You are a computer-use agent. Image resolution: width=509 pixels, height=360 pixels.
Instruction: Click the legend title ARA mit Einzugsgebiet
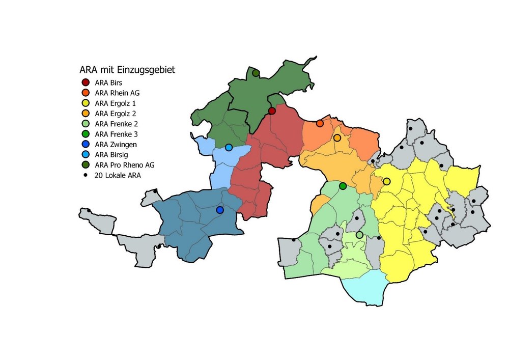click(127, 70)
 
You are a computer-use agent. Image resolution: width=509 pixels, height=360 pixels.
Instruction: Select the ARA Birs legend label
click(108, 82)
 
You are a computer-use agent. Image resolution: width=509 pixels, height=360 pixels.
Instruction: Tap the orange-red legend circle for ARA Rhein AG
click(86, 93)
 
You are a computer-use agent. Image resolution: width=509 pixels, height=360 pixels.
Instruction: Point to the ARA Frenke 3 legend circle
click(86, 134)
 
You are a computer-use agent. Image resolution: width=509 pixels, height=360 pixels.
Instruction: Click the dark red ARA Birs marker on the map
click(272, 111)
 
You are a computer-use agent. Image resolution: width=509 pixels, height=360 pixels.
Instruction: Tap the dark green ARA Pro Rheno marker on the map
click(256, 73)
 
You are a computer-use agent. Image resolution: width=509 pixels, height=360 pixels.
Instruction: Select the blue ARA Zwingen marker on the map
click(220, 210)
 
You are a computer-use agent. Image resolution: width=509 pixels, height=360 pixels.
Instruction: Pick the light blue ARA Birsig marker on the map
click(229, 148)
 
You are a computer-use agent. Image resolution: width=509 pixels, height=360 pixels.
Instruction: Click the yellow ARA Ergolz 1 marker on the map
click(387, 181)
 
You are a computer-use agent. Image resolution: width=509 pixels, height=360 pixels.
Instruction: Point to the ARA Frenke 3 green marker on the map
click(343, 186)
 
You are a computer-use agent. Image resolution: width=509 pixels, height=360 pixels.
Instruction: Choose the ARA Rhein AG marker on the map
click(320, 123)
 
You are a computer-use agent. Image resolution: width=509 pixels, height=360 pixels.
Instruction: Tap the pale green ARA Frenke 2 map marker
click(359, 235)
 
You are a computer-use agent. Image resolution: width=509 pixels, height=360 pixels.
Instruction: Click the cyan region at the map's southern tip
click(366, 288)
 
